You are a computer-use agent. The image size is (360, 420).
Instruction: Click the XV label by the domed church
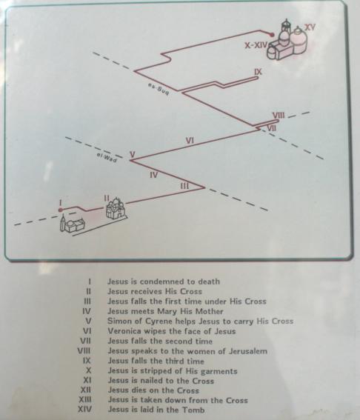tap(310, 27)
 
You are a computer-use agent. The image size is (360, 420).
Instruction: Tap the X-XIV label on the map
tap(256, 45)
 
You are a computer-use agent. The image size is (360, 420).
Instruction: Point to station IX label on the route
tap(259, 72)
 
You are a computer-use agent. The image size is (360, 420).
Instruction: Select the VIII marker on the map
tap(279, 116)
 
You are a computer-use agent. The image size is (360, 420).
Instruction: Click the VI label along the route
tap(190, 140)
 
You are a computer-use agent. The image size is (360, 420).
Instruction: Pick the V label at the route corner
tap(133, 154)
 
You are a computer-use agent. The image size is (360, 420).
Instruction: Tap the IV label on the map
tap(154, 175)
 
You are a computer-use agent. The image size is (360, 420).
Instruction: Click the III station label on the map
tap(184, 186)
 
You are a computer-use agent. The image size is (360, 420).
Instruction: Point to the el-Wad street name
tap(107, 158)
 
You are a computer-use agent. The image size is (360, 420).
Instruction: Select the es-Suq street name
tap(159, 89)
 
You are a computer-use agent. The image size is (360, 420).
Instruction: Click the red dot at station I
tap(61, 210)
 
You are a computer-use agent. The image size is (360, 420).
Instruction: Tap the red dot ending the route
tap(272, 35)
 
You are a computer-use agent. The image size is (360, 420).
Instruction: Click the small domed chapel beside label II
tap(116, 208)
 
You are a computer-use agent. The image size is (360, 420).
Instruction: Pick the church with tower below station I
tap(72, 224)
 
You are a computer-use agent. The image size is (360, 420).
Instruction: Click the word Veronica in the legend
tap(124, 331)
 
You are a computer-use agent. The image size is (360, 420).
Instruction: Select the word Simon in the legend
tap(119, 321)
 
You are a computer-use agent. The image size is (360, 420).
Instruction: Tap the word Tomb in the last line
tap(193, 410)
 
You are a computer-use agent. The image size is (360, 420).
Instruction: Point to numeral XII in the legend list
tap(86, 390)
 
